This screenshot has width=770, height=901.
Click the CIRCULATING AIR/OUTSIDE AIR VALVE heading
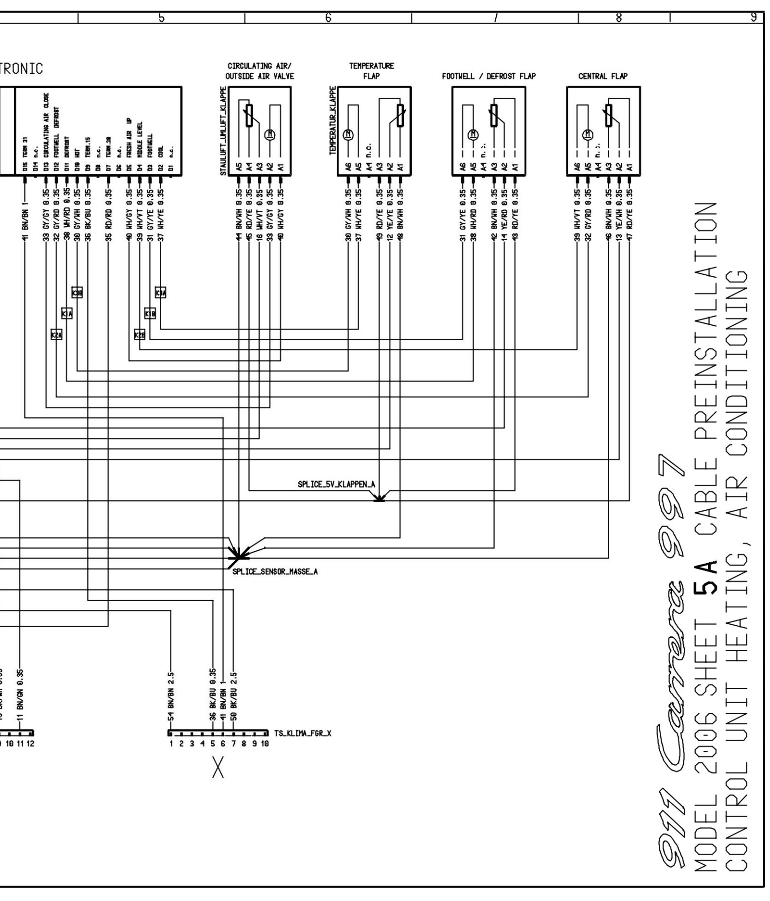tap(259, 71)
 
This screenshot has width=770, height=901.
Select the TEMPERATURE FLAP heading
tap(371, 71)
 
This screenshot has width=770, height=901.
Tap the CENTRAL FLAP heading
tap(603, 76)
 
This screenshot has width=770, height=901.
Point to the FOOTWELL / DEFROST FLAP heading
tap(488, 76)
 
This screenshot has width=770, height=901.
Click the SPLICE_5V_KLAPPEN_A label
tap(336, 485)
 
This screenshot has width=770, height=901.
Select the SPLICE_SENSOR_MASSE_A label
tap(275, 572)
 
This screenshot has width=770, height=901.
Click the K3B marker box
tap(77, 293)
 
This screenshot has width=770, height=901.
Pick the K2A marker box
tap(56, 335)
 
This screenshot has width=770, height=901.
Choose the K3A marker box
tap(161, 293)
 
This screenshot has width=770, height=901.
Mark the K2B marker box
tap(140, 335)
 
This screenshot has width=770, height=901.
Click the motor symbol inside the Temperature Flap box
tap(348, 135)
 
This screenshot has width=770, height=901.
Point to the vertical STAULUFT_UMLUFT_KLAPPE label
tap(223, 131)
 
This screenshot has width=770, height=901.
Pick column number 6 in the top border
tap(328, 18)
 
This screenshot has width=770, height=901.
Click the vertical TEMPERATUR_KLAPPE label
tap(332, 120)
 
